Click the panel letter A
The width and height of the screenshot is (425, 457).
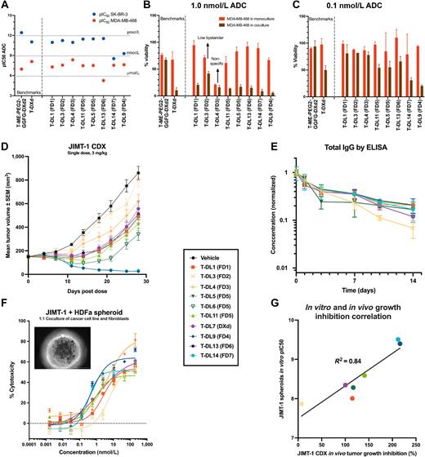pyautogui.click(x=5, y=6)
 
